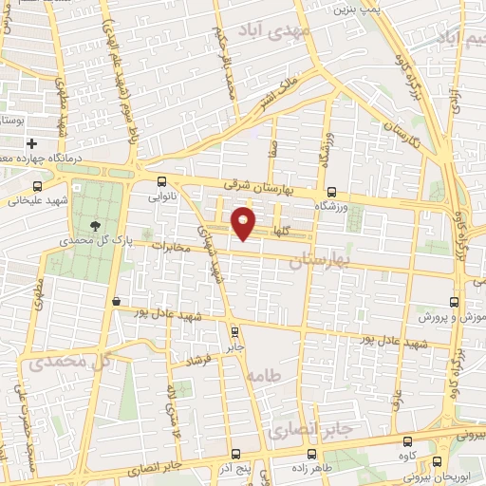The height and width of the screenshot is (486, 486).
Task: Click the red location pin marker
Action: click(x=244, y=224)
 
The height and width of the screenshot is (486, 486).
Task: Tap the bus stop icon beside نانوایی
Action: click(x=161, y=182)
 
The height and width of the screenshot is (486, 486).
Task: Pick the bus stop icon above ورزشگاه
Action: click(x=331, y=191)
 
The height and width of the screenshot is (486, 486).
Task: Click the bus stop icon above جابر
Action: click(x=234, y=331)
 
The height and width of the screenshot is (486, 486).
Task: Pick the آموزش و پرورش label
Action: click(x=453, y=316)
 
